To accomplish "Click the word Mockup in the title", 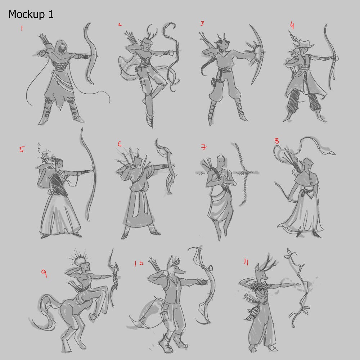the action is [26, 14].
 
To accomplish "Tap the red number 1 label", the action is [22, 28].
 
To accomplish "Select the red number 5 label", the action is [22, 149].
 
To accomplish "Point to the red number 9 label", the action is [44, 273].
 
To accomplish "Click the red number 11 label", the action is [246, 262].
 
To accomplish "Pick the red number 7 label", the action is [204, 147].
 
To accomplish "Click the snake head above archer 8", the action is [332, 153].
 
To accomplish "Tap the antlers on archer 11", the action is [269, 261].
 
